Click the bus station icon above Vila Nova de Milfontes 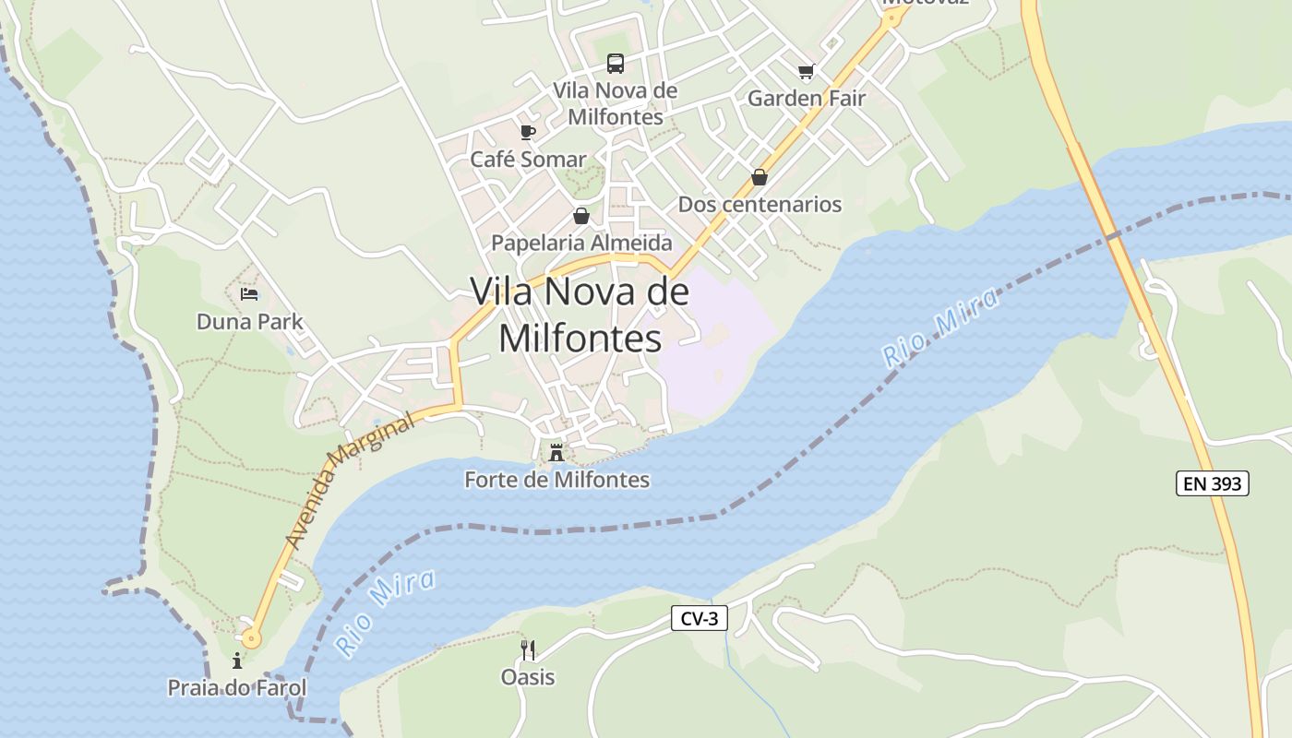[x=616, y=64]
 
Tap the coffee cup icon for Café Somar [x=528, y=133]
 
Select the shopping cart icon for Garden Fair [x=807, y=71]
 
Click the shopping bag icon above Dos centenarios [x=760, y=177]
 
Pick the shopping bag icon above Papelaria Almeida [x=581, y=216]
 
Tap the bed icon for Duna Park [x=249, y=294]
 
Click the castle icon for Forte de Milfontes [x=556, y=453]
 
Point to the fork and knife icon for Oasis [x=528, y=650]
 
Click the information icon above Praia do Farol [x=237, y=661]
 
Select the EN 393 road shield [x=1212, y=483]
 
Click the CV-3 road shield [x=699, y=619]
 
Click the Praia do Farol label [x=236, y=688]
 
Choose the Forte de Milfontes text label [x=556, y=480]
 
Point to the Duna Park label [x=249, y=322]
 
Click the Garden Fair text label [x=806, y=98]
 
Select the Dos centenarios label [x=760, y=205]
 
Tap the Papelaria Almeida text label [x=581, y=243]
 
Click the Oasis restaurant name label [x=528, y=677]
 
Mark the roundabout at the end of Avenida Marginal [x=251, y=637]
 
